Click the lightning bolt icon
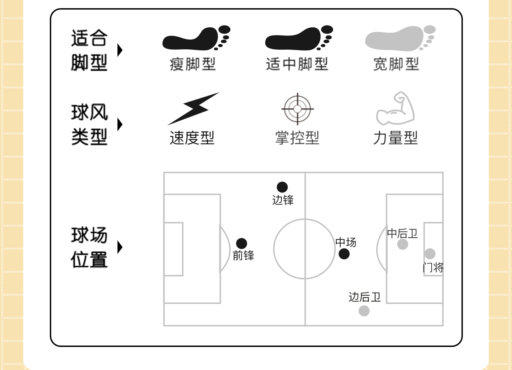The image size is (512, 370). (193, 109)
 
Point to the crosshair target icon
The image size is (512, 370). (298, 109)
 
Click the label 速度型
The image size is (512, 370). (192, 138)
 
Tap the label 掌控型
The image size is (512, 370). (297, 138)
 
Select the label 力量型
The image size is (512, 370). (395, 138)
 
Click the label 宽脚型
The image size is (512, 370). (396, 64)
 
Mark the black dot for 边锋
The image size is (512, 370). (282, 187)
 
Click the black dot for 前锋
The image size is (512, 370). (241, 243)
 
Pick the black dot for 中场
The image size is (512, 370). (344, 254)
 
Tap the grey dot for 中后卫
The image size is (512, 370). (402, 244)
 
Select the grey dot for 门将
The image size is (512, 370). (430, 254)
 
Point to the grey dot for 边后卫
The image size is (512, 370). (364, 311)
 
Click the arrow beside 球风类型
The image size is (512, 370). (120, 124)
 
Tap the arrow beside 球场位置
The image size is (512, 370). (120, 247)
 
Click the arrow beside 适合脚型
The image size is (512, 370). (120, 50)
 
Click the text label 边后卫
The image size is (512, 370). (364, 297)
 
